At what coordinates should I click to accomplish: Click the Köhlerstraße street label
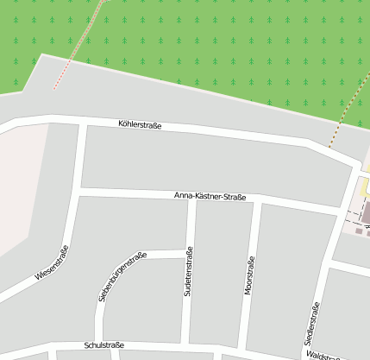click(x=140, y=125)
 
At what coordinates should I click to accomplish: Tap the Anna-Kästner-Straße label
click(x=210, y=197)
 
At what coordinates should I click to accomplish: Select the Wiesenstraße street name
click(x=52, y=263)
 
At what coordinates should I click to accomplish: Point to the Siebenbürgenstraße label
click(x=122, y=276)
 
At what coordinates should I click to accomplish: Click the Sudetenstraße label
click(x=189, y=272)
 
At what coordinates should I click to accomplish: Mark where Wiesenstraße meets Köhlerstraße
click(x=83, y=120)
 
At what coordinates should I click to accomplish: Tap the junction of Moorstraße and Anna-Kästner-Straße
click(x=256, y=200)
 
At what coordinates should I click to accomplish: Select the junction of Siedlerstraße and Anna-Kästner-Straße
click(x=338, y=212)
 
